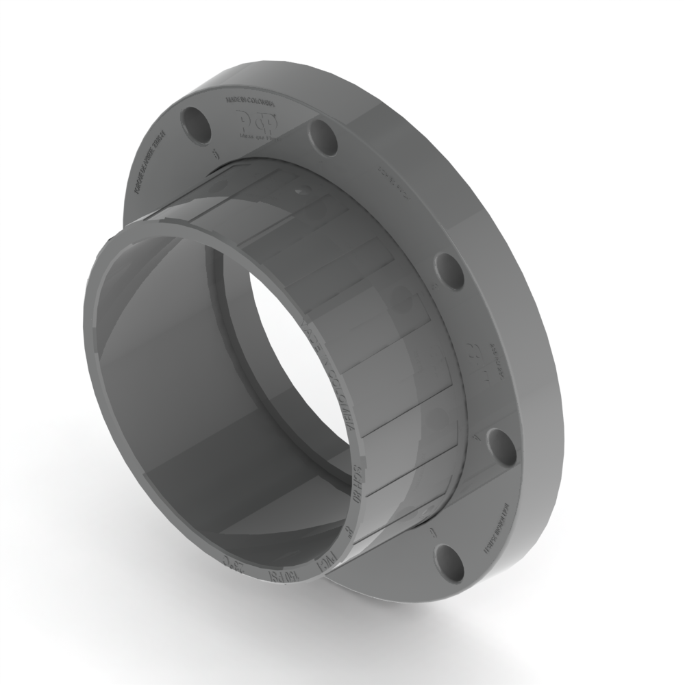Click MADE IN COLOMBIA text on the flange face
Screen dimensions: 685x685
point(250,103)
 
